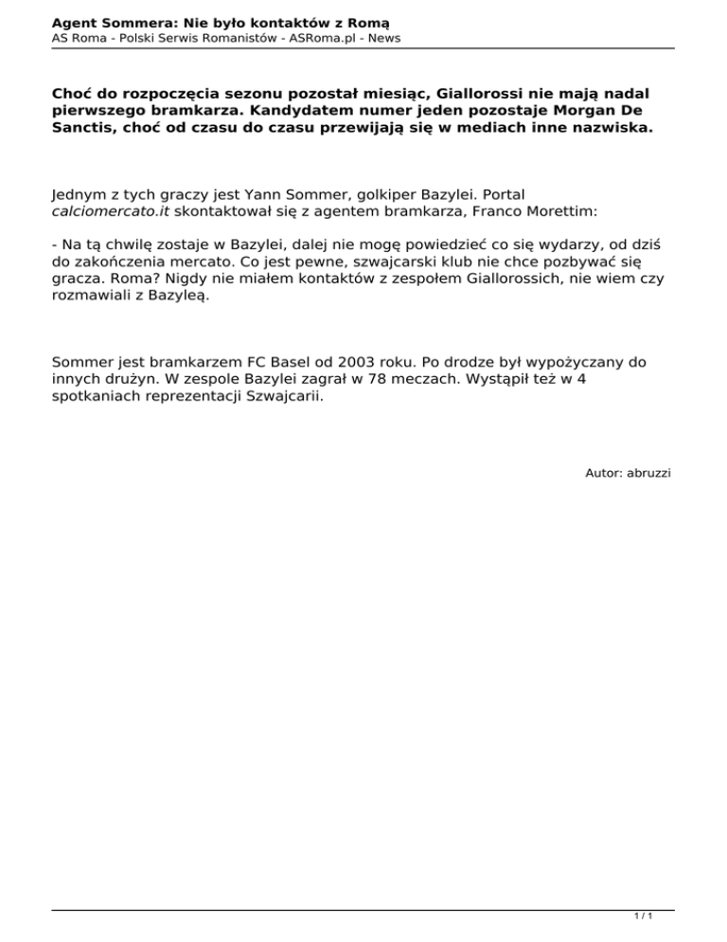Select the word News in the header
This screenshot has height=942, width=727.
382,38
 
